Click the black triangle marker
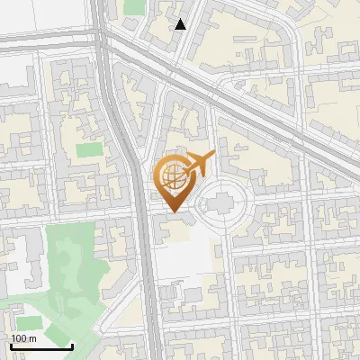(x=181, y=24)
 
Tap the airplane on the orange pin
(x=199, y=165)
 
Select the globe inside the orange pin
(x=175, y=176)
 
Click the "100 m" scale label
(x=23, y=338)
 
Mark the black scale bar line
(x=40, y=346)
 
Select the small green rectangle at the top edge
(x=134, y=6)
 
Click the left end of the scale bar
(x=10, y=346)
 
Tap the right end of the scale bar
(x=72, y=346)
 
